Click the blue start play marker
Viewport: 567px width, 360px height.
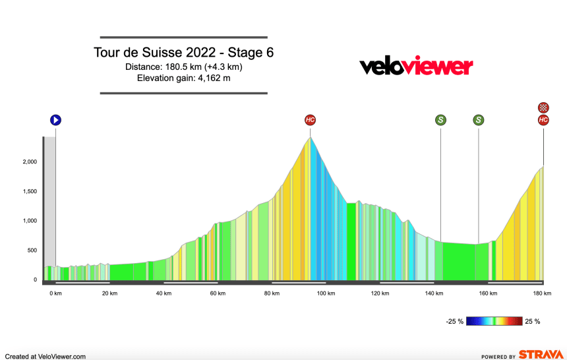pos(55,120)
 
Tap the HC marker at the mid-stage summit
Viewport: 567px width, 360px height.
pos(311,120)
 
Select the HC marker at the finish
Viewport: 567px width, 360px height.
pos(543,120)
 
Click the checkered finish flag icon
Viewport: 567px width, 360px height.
pos(543,107)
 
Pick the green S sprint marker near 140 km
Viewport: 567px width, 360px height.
pos(440,120)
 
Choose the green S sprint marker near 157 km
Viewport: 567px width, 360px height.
pos(478,120)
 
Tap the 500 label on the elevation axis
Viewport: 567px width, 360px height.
pos(30,251)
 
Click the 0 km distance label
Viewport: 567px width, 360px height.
pos(55,293)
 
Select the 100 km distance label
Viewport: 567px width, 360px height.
pos(326,293)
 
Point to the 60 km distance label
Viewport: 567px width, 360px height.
pos(218,293)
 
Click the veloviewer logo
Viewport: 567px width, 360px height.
pos(415,67)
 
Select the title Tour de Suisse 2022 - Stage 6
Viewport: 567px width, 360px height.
pos(183,53)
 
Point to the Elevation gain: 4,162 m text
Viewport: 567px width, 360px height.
pos(183,78)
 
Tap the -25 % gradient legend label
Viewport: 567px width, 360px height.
pos(455,322)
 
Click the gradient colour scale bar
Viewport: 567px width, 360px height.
pos(494,322)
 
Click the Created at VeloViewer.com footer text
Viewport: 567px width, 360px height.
pos(45,356)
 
